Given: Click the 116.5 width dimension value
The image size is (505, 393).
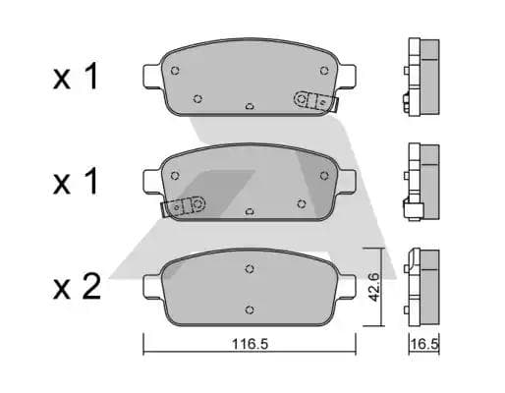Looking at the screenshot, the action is pos(250,344).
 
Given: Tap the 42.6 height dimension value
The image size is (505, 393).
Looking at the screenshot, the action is pos(373,287).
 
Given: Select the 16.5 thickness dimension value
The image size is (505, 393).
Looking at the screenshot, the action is pos(424,344).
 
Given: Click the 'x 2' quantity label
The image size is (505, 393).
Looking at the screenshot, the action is pos(77,287).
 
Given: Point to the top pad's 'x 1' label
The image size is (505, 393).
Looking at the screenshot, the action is pos(76,77).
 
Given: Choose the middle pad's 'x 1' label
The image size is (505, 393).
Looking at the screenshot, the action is pos(76,181).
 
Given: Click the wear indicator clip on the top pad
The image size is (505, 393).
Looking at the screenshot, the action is pos(315,101).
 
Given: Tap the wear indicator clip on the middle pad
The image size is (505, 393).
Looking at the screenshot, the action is pos(184,206).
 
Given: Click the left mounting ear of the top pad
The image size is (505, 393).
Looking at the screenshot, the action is pos(152,76).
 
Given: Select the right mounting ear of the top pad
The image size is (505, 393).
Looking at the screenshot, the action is pos(347,76).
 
